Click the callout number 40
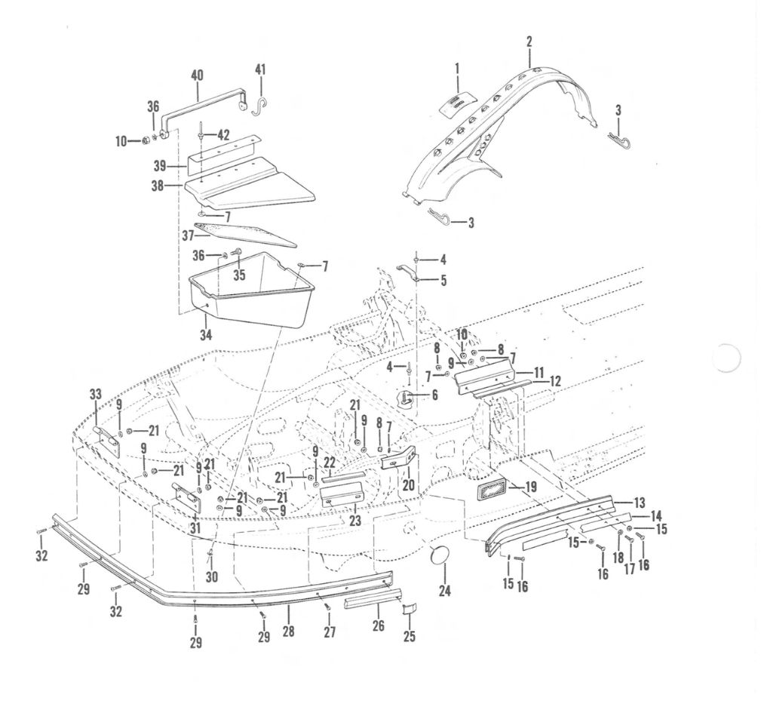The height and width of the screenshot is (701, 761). pyautogui.click(x=197, y=75)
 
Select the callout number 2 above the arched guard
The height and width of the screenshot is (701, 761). pyautogui.click(x=529, y=42)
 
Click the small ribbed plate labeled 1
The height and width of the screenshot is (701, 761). pyautogui.click(x=458, y=104)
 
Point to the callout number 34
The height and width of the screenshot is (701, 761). pyautogui.click(x=206, y=334)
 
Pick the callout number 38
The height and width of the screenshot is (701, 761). pyautogui.click(x=157, y=186)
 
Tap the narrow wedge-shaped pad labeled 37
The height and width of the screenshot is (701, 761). pyautogui.click(x=244, y=235)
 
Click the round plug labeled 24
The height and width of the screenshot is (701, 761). pyautogui.click(x=440, y=555)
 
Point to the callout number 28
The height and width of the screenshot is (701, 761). pyautogui.click(x=288, y=631)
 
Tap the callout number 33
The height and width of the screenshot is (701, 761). pyautogui.click(x=96, y=394)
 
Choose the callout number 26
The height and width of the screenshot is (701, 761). pyautogui.click(x=378, y=626)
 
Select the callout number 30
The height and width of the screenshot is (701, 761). pyautogui.click(x=212, y=576)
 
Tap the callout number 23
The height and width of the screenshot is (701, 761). pyautogui.click(x=355, y=521)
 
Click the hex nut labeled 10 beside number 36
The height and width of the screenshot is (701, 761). pyautogui.click(x=144, y=141)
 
